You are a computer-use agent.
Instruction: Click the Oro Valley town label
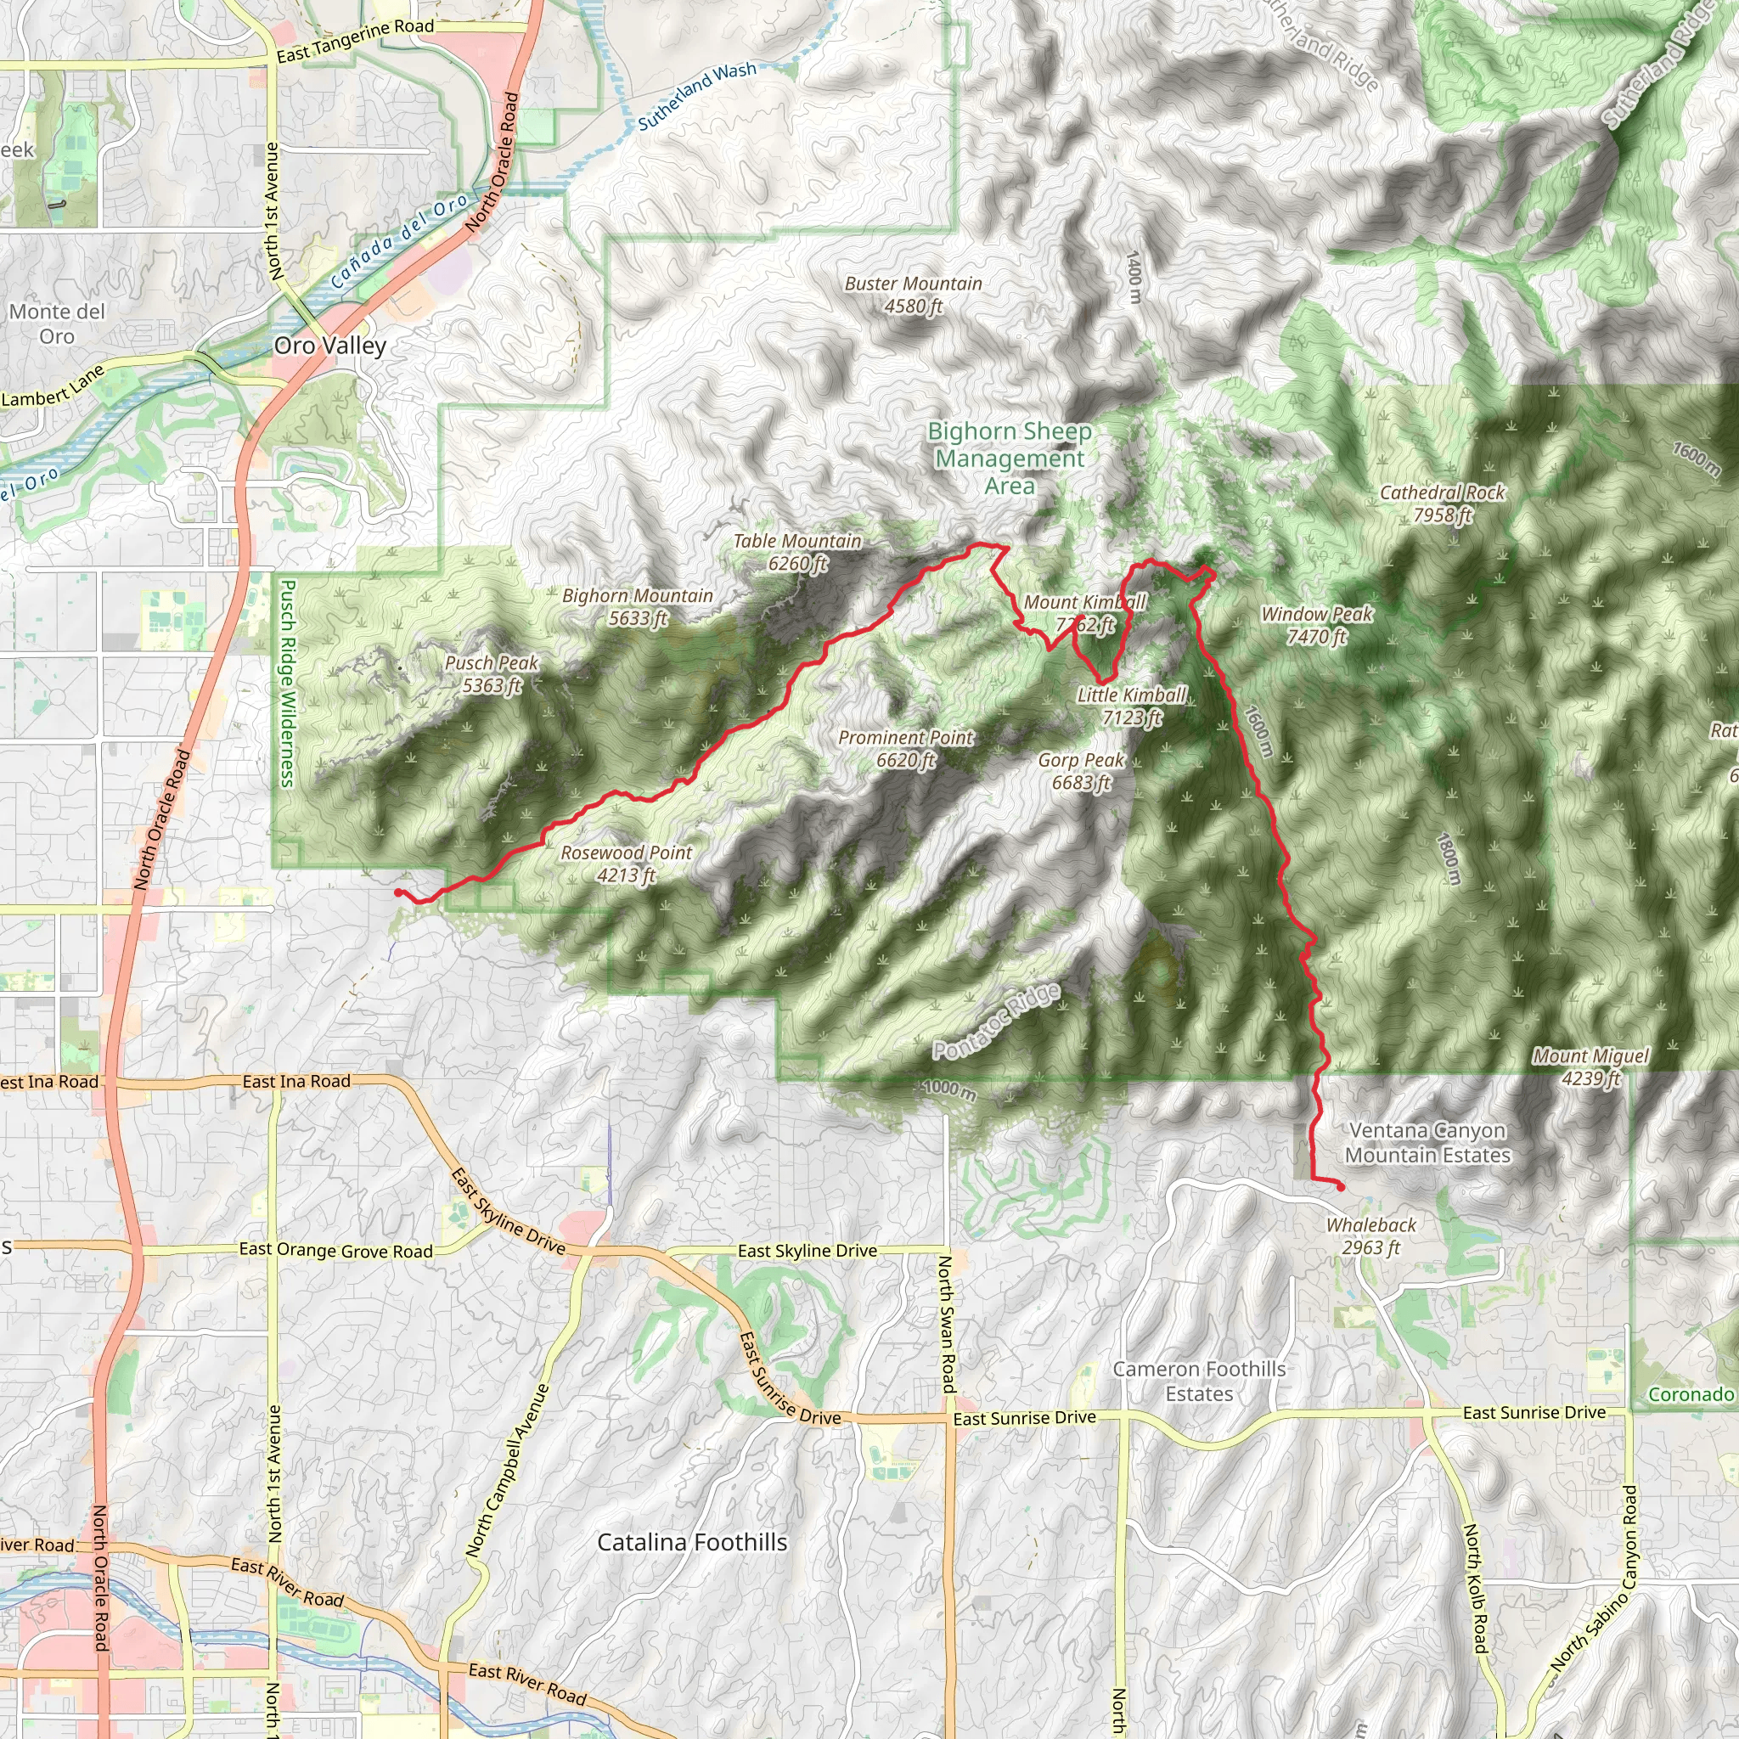330,346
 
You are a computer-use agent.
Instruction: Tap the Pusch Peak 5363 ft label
492,674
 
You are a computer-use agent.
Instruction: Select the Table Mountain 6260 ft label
797,552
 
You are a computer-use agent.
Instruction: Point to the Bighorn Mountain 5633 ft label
638,606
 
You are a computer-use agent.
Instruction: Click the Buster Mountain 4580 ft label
913,295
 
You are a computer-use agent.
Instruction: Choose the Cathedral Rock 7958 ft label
1442,504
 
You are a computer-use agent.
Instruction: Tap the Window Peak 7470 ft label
1317,625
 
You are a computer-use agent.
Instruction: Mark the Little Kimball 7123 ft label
1131,706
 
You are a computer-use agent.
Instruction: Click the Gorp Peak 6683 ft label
1081,771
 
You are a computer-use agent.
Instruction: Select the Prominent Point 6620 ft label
905,749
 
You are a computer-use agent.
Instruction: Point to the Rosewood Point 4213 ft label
627,864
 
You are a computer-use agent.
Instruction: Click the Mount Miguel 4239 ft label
1591,1066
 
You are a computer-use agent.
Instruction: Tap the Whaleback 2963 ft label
1370,1235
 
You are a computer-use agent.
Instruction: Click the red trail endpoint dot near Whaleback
1340,1187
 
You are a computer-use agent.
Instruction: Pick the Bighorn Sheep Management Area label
1010,459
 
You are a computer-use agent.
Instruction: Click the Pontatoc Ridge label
996,1022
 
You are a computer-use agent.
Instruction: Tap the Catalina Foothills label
692,1542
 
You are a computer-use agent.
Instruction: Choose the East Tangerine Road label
355,41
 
